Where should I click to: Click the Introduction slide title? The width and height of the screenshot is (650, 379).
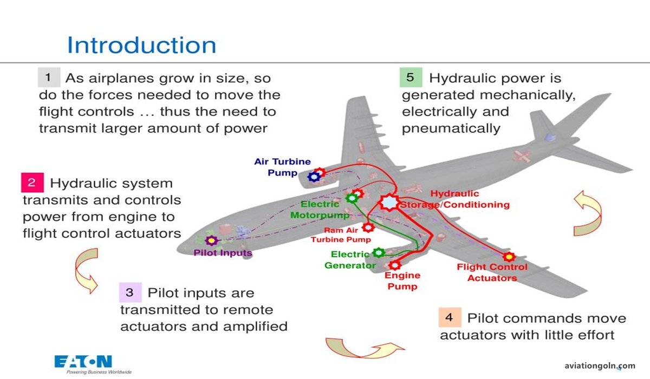coord(141,45)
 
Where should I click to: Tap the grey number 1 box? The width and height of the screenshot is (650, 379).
coord(49,77)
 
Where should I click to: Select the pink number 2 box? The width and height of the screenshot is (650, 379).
coord(31,182)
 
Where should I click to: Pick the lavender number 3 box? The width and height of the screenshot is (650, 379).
coord(129,292)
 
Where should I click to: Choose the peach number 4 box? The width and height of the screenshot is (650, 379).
coord(449,317)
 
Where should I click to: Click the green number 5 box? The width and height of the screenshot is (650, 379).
coord(411,77)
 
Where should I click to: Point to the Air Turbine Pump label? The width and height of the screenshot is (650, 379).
coord(283,167)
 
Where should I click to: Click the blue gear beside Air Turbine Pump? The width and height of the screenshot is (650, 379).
coord(313,177)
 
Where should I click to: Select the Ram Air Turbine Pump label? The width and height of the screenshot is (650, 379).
coord(341,235)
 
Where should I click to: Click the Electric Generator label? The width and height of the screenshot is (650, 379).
coord(350,260)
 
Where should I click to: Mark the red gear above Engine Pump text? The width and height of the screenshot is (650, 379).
coord(395,265)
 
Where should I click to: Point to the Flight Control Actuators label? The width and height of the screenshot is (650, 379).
coord(492,272)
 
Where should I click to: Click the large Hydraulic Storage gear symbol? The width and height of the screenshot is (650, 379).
coord(388,201)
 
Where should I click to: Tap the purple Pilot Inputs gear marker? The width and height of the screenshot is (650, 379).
coord(212,240)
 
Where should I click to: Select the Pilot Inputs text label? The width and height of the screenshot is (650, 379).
coord(223,252)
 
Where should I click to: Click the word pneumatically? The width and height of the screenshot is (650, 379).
coord(451,128)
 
